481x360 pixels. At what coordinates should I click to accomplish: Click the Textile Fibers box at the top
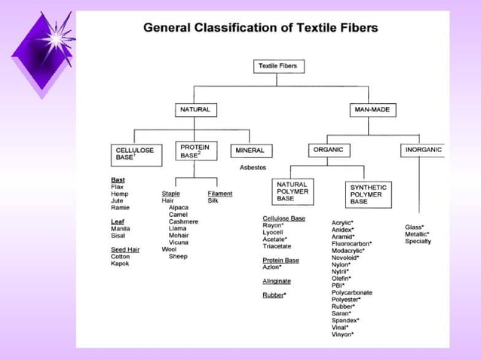(278, 66)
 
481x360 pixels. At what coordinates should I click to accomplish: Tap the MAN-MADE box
(371, 110)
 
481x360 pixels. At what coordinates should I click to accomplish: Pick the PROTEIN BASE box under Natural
(195, 150)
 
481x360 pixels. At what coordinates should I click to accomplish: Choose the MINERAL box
(250, 150)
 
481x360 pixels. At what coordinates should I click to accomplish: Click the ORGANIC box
(328, 150)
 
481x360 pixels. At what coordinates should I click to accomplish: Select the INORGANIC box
(424, 150)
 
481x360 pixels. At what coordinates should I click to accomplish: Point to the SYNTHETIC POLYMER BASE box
(369, 194)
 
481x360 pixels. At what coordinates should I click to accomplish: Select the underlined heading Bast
(118, 180)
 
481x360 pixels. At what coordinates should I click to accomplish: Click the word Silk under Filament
(213, 201)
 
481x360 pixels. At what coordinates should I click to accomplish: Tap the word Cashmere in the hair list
(183, 221)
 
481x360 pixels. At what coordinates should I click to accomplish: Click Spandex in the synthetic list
(345, 320)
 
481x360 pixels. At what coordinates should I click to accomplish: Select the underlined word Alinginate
(277, 281)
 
